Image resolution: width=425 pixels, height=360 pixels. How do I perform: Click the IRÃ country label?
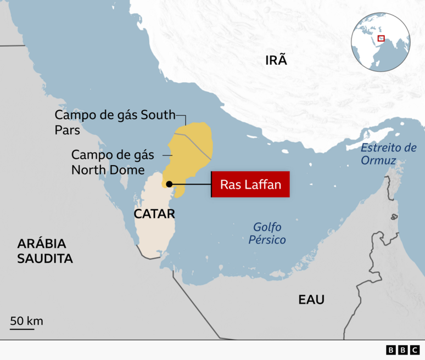(276, 60)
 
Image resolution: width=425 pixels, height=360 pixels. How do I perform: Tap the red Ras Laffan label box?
(250, 185)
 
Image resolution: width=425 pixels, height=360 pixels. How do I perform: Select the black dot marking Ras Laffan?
(170, 184)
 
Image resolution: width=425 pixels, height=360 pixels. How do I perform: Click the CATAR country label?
(154, 213)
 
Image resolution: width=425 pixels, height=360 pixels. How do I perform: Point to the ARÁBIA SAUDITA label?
(45, 251)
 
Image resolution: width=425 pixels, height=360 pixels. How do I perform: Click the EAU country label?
(311, 300)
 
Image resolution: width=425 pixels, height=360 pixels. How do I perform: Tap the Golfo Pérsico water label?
(269, 233)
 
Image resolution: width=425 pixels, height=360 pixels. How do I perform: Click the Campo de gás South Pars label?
(114, 122)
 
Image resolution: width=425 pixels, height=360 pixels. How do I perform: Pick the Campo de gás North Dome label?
(113, 162)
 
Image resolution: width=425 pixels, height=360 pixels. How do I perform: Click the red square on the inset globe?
(382, 38)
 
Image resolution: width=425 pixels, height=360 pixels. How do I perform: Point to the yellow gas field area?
(189, 151)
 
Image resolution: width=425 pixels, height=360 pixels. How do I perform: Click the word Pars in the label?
(68, 131)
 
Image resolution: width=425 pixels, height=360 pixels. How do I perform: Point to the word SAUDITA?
(45, 258)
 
